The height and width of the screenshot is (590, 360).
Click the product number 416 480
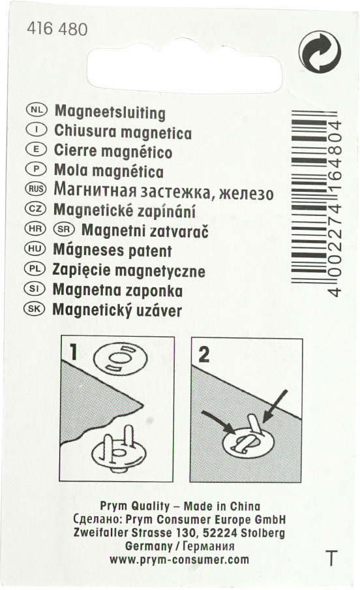(x=57, y=29)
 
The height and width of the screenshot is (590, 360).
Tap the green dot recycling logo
(x=320, y=52)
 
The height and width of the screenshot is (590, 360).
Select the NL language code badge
(x=37, y=110)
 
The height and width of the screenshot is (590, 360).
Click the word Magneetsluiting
(x=110, y=112)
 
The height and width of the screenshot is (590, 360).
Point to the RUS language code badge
(x=36, y=188)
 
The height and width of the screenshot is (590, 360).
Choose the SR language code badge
(x=64, y=228)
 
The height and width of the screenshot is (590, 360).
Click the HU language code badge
(x=35, y=249)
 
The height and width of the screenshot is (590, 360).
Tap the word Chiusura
(x=85, y=131)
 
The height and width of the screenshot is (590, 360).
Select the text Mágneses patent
(x=112, y=250)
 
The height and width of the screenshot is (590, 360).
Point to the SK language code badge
(x=34, y=309)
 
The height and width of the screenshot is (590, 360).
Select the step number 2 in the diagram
(x=204, y=354)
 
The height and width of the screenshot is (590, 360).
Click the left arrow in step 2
(x=218, y=422)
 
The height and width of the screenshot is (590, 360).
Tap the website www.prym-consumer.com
(x=179, y=559)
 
